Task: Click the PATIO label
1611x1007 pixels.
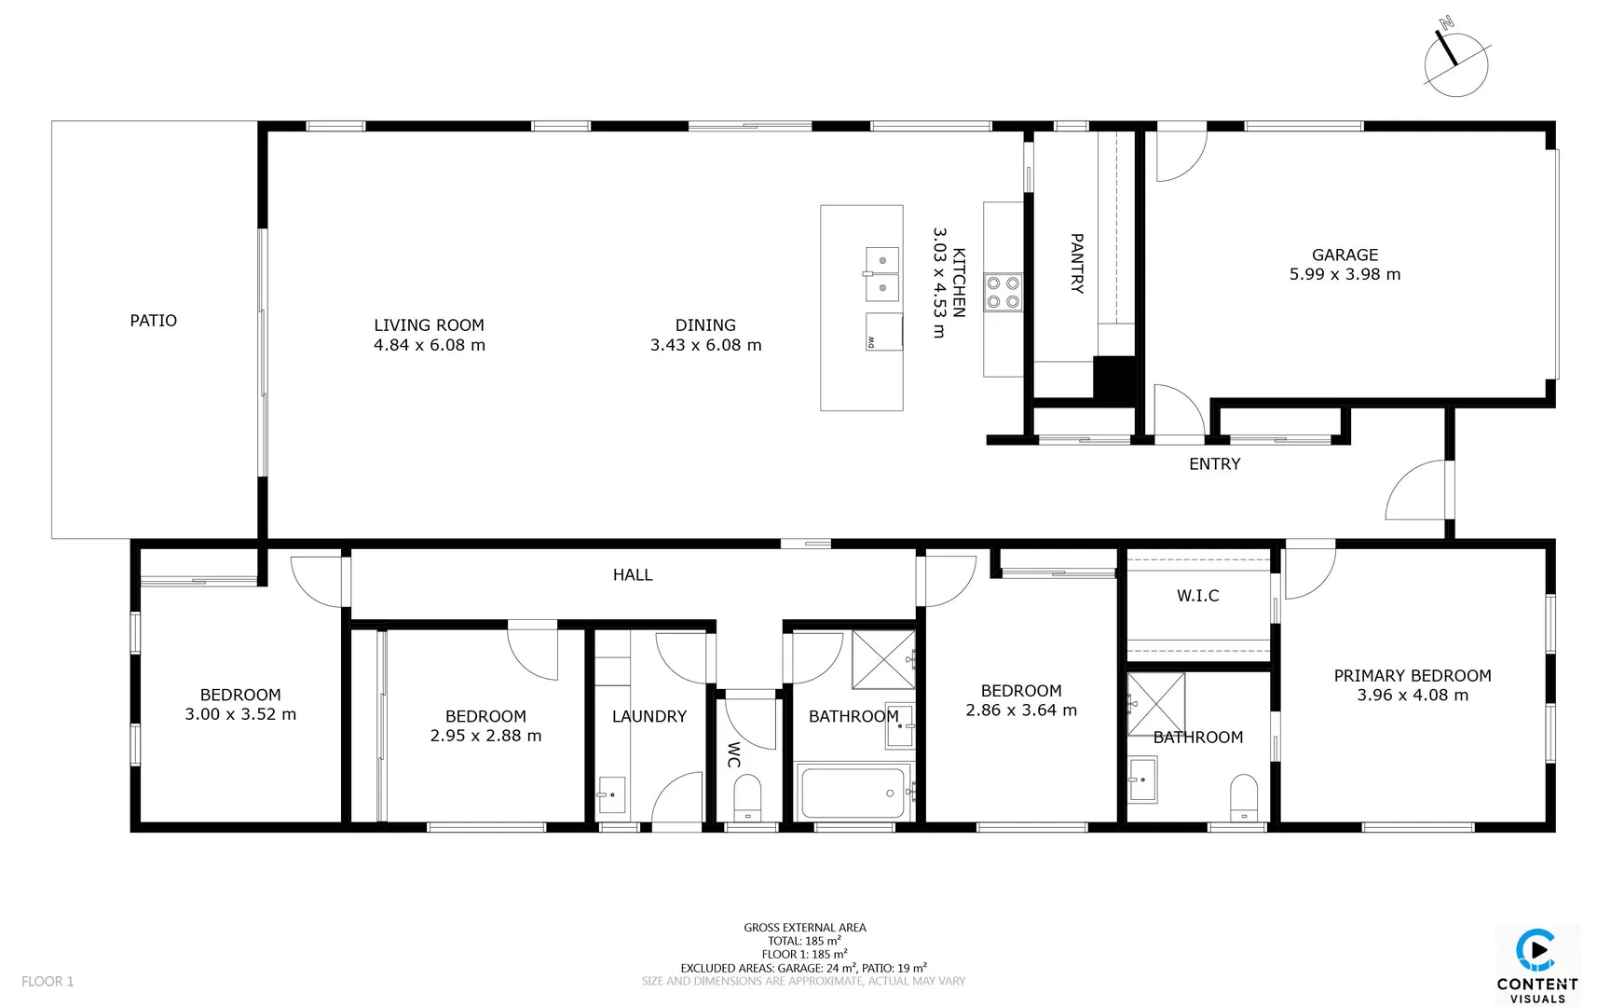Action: pos(153,321)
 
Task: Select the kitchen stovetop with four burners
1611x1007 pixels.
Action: pos(1003,292)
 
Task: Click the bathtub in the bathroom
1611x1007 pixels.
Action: pos(853,793)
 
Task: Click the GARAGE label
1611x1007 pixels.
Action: pos(1345,255)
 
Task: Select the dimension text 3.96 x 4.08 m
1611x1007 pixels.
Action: pos(1413,696)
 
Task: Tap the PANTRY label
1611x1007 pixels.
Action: pos(1076,264)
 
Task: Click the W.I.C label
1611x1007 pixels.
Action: pos(1197,596)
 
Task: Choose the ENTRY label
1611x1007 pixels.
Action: pos(1214,464)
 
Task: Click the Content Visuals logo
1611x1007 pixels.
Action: pos(1536,965)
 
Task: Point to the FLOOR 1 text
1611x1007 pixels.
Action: pos(48,981)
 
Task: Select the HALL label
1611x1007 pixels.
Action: pos(633,575)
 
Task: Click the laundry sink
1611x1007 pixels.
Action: pos(611,794)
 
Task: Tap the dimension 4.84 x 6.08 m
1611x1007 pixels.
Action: pos(429,345)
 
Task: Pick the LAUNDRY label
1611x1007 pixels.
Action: pos(648,716)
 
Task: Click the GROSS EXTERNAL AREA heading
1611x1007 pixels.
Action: pos(804,928)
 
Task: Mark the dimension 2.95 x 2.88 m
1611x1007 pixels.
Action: pos(485,736)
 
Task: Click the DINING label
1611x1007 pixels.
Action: pos(705,325)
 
